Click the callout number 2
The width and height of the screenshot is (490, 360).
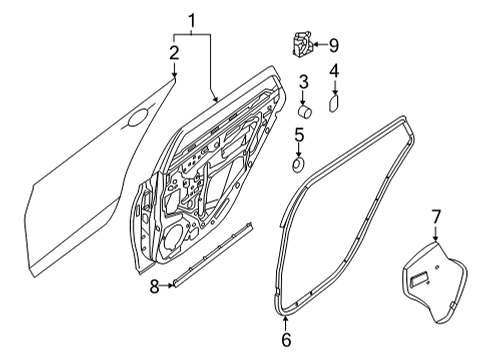(173, 52)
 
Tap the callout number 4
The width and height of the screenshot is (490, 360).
(334, 70)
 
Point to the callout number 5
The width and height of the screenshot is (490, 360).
(299, 133)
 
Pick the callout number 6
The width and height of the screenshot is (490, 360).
(286, 339)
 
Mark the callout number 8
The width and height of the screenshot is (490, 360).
(155, 286)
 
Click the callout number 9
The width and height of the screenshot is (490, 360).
(335, 44)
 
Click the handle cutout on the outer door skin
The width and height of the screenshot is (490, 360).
(133, 123)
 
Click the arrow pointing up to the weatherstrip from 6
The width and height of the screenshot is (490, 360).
(286, 322)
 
